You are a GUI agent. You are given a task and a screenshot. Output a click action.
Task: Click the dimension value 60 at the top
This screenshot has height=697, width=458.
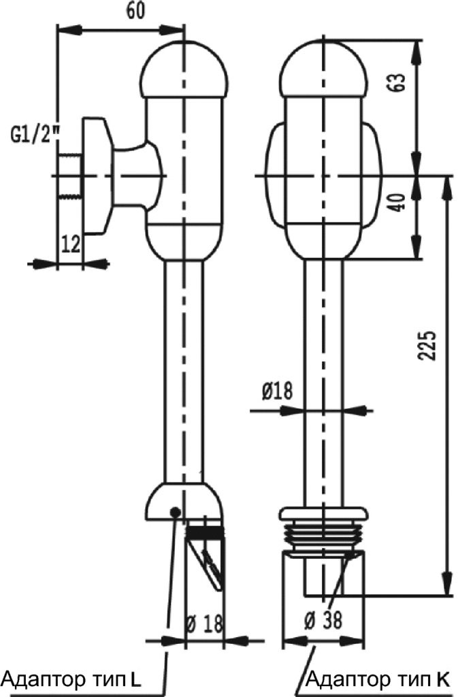click(x=136, y=12)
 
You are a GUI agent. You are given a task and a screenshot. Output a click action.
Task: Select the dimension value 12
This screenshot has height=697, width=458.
click(x=71, y=244)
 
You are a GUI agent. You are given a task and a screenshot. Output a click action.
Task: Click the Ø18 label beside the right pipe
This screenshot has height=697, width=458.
click(x=278, y=391)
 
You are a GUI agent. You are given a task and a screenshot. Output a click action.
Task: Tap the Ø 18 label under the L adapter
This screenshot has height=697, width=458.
click(x=204, y=624)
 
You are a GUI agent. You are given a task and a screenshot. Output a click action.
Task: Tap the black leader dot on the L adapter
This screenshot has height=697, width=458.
click(x=176, y=512)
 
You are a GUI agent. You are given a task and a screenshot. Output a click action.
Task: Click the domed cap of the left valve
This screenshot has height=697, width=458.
click(x=184, y=69)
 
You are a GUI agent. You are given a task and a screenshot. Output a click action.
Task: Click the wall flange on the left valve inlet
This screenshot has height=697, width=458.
click(x=96, y=176)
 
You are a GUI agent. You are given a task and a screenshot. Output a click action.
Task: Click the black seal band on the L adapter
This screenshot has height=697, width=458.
click(x=205, y=532)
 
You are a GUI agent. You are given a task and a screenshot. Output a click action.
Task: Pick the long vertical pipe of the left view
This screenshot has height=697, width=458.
click(x=184, y=372)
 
